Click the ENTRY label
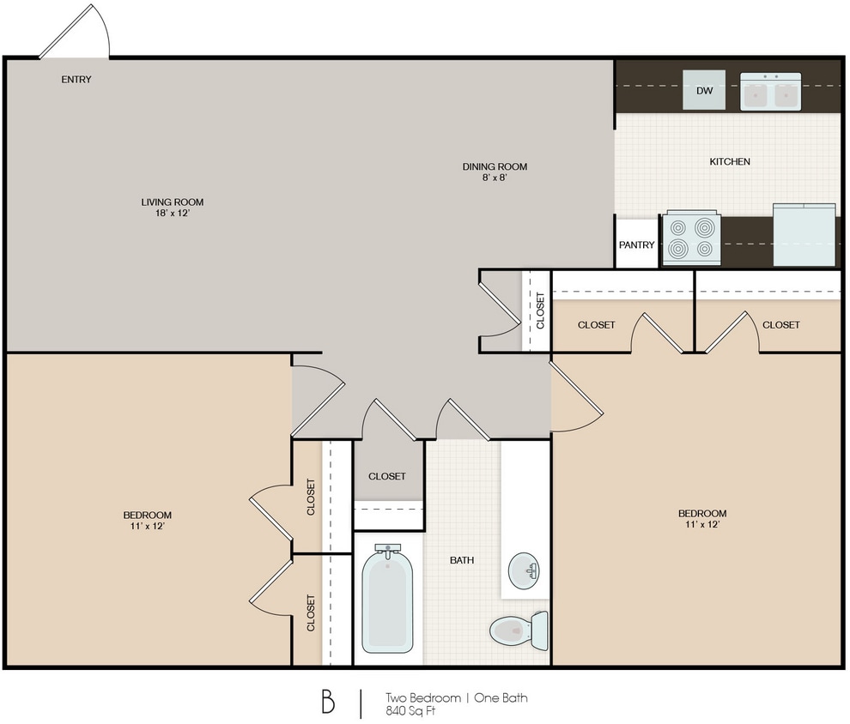(76, 80)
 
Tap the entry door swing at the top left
(76, 33)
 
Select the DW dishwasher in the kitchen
(704, 91)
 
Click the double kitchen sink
(770, 92)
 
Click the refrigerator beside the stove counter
(804, 235)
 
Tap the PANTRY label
(637, 244)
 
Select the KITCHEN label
(730, 161)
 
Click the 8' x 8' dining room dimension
(494, 178)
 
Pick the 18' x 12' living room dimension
(173, 214)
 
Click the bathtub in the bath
(386, 600)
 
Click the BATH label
(462, 560)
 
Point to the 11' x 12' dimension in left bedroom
(148, 526)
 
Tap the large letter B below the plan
(328, 702)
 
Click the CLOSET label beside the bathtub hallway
(387, 476)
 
